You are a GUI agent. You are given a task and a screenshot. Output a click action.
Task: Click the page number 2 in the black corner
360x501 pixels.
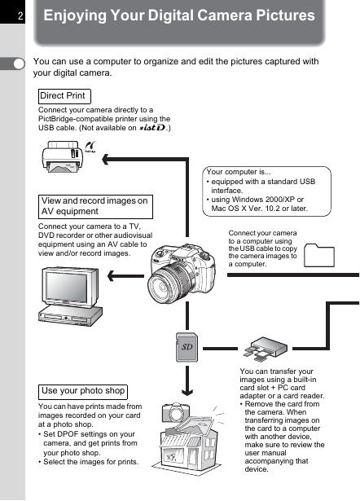pos(20,15)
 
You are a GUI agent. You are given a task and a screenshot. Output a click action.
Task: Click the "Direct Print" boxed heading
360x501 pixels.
pos(64,96)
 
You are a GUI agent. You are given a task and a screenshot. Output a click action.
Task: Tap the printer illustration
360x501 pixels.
pos(62,156)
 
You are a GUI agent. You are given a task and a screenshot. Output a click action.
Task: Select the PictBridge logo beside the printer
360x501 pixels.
pos(90,147)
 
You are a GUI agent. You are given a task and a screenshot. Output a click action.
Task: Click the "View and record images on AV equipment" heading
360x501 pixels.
pos(95,206)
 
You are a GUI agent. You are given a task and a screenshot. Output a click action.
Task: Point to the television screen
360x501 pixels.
pos(66,288)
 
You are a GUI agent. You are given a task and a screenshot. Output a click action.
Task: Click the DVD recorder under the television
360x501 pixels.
pos(70,316)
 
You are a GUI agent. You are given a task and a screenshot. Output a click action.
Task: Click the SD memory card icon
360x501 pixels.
pos(187,347)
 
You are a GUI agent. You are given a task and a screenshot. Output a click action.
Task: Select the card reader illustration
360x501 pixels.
pos(266,349)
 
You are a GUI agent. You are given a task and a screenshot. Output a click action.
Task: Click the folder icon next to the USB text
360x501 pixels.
pos(319,255)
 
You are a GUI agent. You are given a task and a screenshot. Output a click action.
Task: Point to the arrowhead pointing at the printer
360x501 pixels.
pos(106,159)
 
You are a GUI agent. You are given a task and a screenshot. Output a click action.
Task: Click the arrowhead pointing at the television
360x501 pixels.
pos(112,276)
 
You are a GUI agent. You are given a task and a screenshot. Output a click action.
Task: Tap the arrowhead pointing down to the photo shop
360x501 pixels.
pos(187,391)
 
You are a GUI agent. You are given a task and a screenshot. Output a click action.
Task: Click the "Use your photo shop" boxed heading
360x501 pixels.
pos(83,392)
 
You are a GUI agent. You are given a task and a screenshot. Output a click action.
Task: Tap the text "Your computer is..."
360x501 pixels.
pos(239,172)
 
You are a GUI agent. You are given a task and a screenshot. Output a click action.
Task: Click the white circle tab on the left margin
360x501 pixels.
pos(20,64)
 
